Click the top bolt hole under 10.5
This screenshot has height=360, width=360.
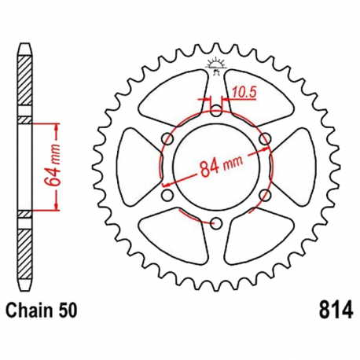click(216, 111)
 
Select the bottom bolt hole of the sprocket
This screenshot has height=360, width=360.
click(216, 222)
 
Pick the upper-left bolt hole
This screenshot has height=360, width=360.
click(167, 139)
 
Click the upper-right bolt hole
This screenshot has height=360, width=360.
click(264, 139)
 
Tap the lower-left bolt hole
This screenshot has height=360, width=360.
click(167, 195)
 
